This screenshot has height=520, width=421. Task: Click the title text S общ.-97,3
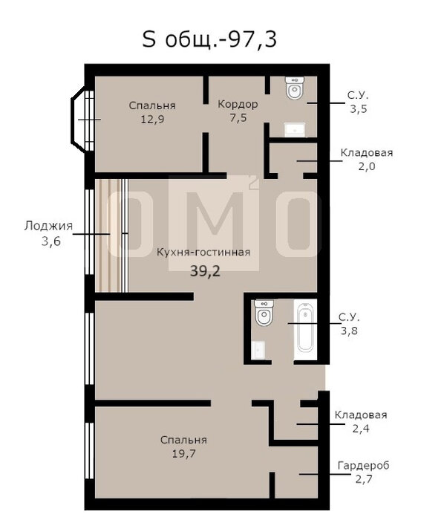click(209, 39)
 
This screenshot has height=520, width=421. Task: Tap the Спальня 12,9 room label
click(152, 112)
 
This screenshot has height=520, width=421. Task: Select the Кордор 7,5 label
click(238, 111)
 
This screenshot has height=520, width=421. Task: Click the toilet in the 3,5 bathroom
click(295, 88)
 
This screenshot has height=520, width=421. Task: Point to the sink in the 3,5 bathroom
click(295, 129)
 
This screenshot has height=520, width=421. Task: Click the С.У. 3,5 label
click(358, 103)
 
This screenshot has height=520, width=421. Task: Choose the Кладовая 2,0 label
click(367, 159)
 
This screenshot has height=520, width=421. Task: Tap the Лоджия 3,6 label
click(49, 233)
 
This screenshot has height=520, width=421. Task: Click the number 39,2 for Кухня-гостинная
click(205, 271)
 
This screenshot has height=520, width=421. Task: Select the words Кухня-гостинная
click(203, 253)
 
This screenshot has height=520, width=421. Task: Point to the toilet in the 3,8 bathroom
click(264, 313)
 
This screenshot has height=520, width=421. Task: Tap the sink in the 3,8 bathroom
click(258, 350)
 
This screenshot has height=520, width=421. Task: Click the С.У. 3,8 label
click(349, 324)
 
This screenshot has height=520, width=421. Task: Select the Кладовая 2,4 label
click(361, 421)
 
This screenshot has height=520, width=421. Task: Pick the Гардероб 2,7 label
click(363, 472)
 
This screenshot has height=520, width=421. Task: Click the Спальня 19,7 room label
click(183, 446)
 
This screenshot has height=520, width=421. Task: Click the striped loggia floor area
click(111, 235)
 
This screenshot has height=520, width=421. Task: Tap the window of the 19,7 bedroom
click(90, 450)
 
